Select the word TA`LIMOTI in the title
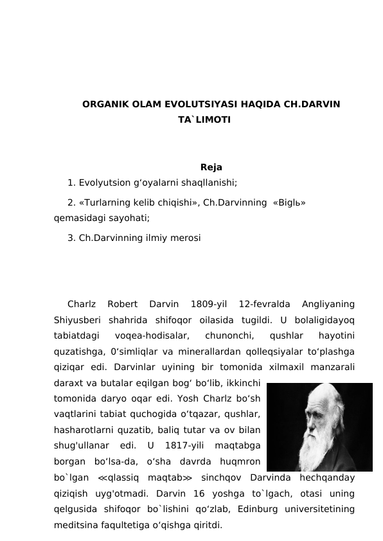(204, 120)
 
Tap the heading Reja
(211, 168)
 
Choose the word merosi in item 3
(186, 238)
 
